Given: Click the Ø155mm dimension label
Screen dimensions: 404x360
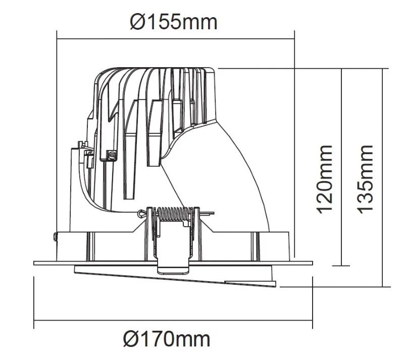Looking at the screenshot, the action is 173,22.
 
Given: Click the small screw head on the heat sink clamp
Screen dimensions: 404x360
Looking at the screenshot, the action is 112,156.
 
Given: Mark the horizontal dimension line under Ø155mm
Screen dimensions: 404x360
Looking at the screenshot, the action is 175,39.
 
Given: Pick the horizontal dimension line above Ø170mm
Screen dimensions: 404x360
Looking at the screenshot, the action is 173,321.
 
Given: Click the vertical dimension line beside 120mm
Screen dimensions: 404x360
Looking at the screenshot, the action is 341,167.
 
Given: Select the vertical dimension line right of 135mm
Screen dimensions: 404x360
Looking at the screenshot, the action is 383,178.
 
